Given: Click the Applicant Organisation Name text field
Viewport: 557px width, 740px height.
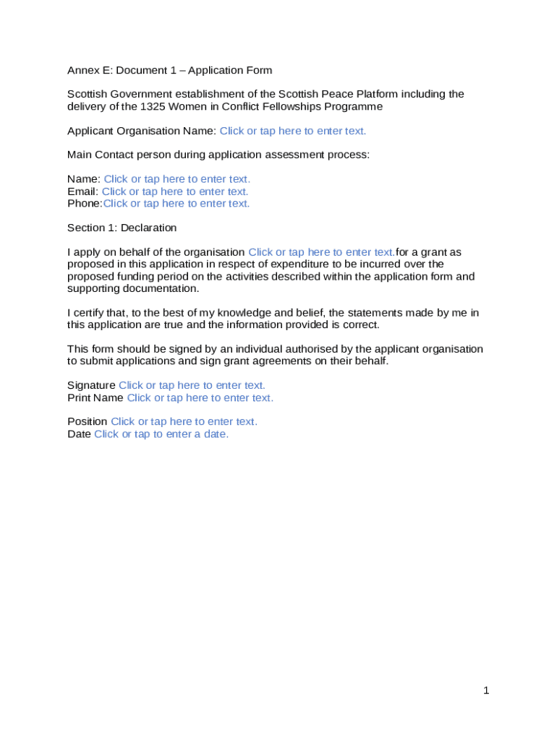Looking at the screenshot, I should (293, 131).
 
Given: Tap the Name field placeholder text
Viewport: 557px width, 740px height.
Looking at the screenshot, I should (177, 179).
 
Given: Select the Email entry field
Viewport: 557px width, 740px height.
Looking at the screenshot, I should (175, 192).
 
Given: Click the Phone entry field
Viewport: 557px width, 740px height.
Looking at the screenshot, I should (177, 204).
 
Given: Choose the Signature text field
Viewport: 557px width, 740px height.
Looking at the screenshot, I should (192, 386).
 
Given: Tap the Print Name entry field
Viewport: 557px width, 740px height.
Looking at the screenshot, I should (200, 398).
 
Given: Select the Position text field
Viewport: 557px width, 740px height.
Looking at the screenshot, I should (184, 422).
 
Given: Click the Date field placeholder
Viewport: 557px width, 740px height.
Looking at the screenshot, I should (161, 434).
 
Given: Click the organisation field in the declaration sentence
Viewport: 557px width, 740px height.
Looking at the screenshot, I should (321, 252).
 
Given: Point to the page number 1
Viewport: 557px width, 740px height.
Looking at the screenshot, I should (487, 691).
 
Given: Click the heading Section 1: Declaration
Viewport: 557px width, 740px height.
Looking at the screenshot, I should (122, 228).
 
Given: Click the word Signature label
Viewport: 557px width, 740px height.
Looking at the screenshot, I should (91, 386).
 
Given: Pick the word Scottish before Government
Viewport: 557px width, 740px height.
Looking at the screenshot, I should (86, 95).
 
